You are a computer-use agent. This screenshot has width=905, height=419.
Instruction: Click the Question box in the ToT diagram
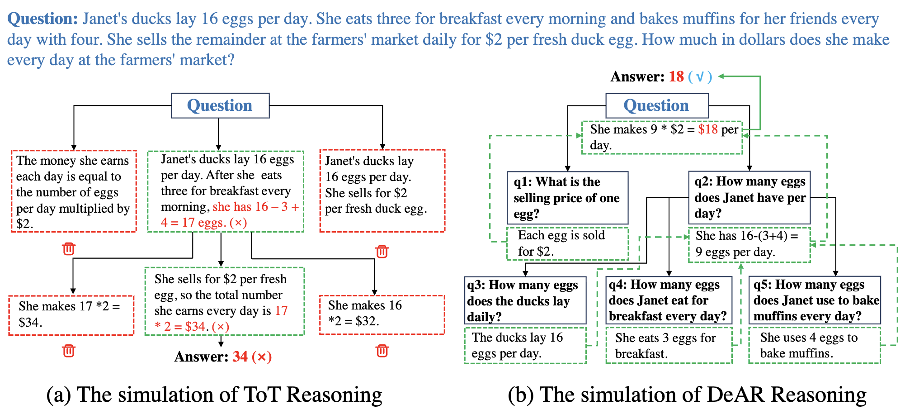[x=220, y=105]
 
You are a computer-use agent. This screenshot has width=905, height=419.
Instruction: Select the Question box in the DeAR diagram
[x=656, y=105]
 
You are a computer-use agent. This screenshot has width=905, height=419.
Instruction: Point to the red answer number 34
[x=240, y=357]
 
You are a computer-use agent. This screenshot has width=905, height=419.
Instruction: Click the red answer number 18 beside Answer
[x=676, y=76]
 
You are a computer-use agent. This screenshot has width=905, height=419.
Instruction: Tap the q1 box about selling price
[x=567, y=198]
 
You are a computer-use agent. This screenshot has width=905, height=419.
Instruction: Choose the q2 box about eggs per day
[x=749, y=197]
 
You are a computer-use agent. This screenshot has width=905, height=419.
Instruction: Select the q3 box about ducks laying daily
[x=525, y=300]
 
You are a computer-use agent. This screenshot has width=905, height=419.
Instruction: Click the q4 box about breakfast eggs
[x=668, y=300]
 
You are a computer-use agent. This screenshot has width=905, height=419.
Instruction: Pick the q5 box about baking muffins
[x=815, y=300]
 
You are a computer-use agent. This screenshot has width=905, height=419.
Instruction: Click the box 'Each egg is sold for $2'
[x=567, y=243]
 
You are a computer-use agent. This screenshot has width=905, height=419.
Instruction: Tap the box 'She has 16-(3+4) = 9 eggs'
[x=749, y=245]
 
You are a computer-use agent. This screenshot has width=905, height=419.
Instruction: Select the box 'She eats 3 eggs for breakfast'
[x=668, y=346]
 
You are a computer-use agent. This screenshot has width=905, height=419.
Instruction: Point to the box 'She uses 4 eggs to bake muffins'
[x=814, y=345]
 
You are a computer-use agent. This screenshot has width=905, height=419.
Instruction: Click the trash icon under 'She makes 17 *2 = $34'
[x=69, y=350]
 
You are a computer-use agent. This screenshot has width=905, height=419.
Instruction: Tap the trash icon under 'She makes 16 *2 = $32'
[x=382, y=350]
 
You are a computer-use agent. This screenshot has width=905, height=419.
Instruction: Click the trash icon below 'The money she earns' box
[x=69, y=248]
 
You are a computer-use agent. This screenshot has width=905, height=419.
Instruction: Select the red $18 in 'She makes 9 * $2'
[x=707, y=129]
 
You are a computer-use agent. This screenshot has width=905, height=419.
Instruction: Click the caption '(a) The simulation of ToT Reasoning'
[x=214, y=395]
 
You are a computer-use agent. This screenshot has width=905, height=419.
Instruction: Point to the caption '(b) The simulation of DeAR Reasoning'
[x=687, y=395]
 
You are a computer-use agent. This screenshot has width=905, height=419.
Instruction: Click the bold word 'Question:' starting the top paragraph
[x=43, y=19]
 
